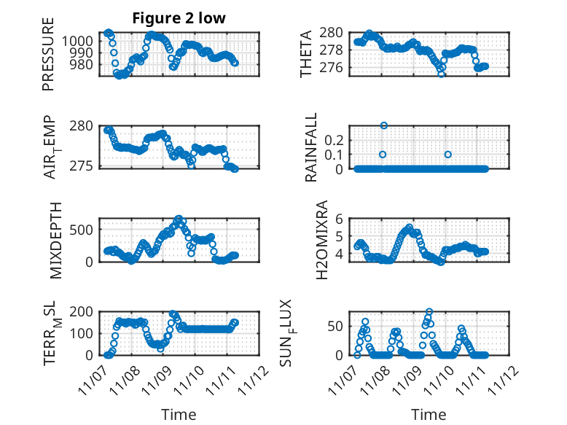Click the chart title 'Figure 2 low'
click(x=179, y=18)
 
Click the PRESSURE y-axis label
click(x=49, y=58)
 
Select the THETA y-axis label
click(x=306, y=54)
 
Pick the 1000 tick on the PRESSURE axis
click(x=82, y=41)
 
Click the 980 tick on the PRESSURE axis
click(x=86, y=64)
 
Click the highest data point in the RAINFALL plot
click(x=383, y=125)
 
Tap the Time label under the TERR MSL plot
click(x=179, y=415)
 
